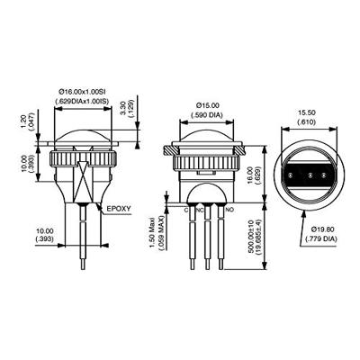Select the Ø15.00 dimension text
pyautogui.click(x=208, y=104)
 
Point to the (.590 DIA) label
pyautogui.click(x=208, y=114)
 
